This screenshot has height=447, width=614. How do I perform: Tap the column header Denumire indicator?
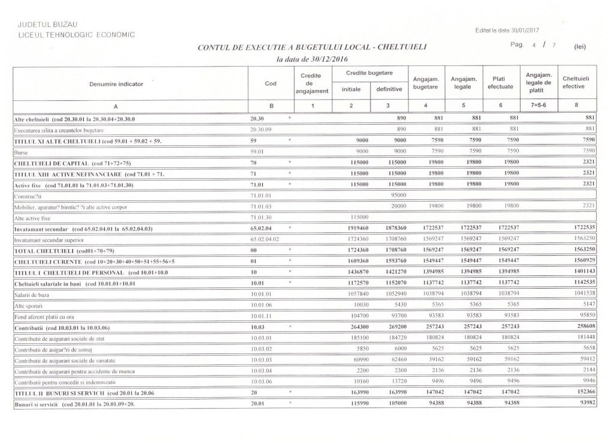coord(122,84)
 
